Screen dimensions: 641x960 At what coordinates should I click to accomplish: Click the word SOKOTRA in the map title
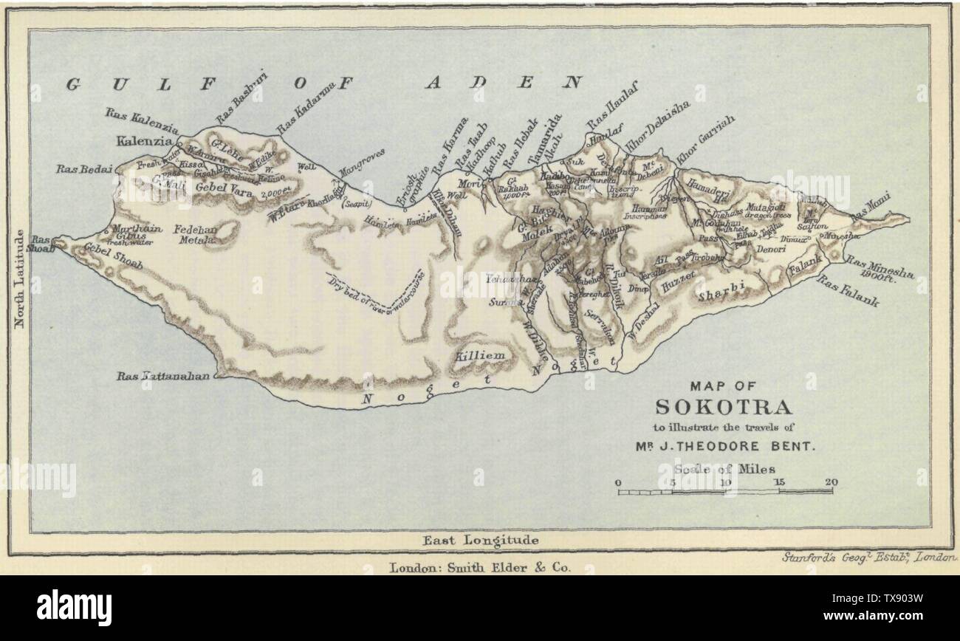click(x=724, y=407)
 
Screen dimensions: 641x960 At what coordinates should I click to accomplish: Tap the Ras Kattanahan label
click(x=164, y=376)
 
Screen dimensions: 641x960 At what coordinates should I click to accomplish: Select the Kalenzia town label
click(x=144, y=140)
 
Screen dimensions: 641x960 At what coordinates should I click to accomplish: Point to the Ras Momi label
click(x=871, y=208)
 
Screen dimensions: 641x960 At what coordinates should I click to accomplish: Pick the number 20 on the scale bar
click(x=832, y=482)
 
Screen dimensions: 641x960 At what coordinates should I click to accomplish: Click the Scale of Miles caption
click(x=724, y=467)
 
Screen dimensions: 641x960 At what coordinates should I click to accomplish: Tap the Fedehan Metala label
click(x=194, y=235)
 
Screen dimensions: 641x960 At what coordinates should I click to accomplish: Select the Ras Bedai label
click(x=83, y=169)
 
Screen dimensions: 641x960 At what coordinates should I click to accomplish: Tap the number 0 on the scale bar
click(x=619, y=482)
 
